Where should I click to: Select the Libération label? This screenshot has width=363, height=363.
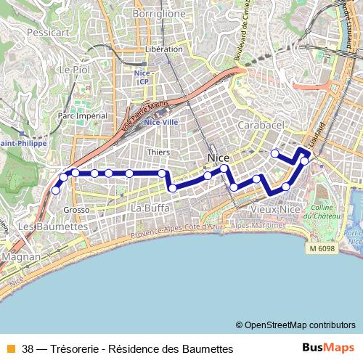pyautogui.click(x=163, y=49)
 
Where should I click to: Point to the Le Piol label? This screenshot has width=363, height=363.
pyautogui.click(x=73, y=69)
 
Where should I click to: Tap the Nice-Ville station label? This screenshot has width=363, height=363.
pyautogui.click(x=161, y=122)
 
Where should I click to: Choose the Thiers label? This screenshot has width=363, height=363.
pyautogui.click(x=158, y=152)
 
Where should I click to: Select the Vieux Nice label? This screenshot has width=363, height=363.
pyautogui.click(x=274, y=209)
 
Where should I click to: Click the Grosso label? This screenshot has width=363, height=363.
pyautogui.click(x=76, y=209)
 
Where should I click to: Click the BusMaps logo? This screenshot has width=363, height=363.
pyautogui.click(x=327, y=348)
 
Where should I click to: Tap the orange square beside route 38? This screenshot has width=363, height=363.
pyautogui.click(x=11, y=348)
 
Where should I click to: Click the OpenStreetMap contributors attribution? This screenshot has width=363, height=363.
pyautogui.click(x=300, y=325)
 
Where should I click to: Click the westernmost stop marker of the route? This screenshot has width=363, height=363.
pyautogui.click(x=56, y=190)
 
